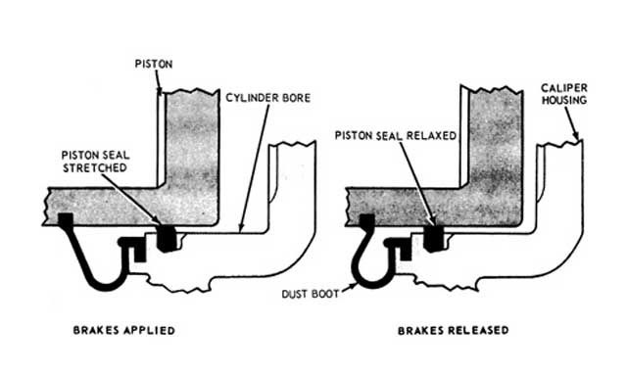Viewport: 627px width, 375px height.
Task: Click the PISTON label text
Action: pyautogui.click(x=154, y=64)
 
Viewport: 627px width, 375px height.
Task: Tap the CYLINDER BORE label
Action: pyautogui.click(x=267, y=98)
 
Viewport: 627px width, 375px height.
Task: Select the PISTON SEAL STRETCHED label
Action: pyautogui.click(x=95, y=162)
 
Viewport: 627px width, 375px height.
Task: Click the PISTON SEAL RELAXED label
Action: pyautogui.click(x=396, y=136)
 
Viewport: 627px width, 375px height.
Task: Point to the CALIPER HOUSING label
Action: pyautogui.click(x=564, y=94)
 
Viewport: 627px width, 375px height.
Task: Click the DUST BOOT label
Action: pyautogui.click(x=311, y=295)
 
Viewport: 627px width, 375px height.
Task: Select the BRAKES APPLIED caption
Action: pyautogui.click(x=124, y=331)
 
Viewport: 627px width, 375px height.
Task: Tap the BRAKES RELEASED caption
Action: pyautogui.click(x=453, y=331)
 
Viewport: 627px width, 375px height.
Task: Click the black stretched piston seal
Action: pyautogui.click(x=167, y=238)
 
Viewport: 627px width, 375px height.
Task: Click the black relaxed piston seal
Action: pyautogui.click(x=434, y=239)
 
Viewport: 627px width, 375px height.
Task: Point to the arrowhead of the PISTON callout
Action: pyautogui.click(x=160, y=92)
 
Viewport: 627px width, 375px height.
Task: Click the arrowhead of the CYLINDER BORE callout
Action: pyautogui.click(x=241, y=228)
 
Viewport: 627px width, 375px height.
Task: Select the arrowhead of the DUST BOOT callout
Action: pyautogui.click(x=353, y=286)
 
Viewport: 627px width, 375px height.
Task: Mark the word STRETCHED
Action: pyautogui.click(x=95, y=167)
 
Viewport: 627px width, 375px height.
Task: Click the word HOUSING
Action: pyautogui.click(x=564, y=100)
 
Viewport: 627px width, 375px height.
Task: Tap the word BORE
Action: pyautogui.click(x=295, y=98)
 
